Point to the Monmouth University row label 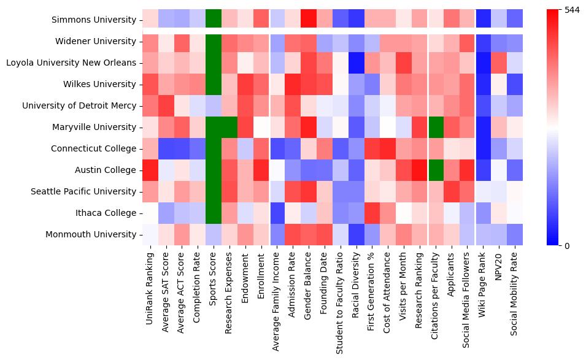point(91,234)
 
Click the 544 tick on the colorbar point(571,10)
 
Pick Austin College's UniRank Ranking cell point(150,170)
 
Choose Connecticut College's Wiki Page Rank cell point(485,148)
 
